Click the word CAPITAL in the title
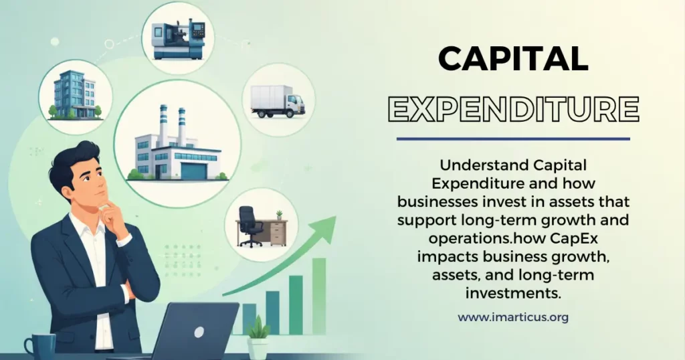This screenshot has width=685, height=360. coord(513,59)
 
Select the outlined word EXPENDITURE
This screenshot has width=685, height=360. coord(513,109)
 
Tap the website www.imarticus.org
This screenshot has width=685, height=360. coord(513,317)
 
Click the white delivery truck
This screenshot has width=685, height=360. coord(278,101)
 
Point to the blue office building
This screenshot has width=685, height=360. coord(75,95)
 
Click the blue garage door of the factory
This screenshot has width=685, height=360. coord(194,170)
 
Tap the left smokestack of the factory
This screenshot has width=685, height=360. coord(163,125)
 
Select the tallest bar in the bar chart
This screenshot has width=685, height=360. coord(319,296)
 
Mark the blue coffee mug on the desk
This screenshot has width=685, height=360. coord(40,346)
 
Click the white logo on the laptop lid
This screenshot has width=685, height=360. coord(199,332)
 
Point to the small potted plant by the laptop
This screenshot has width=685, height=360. coord(258,337)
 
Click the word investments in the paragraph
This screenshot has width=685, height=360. coord(513,292)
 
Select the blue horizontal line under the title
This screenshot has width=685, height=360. coord(513,139)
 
